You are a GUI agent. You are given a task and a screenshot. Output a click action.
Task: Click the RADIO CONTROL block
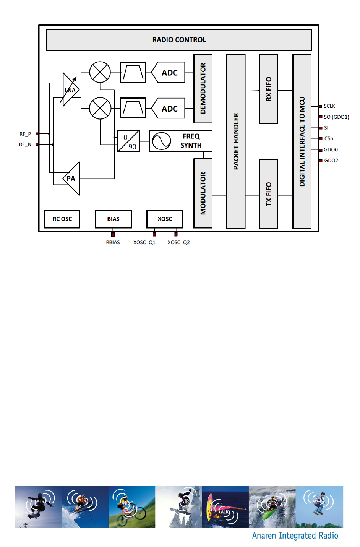click(179, 40)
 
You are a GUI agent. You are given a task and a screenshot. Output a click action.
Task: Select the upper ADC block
click(169, 73)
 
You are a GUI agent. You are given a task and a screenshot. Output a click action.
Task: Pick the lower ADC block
click(169, 109)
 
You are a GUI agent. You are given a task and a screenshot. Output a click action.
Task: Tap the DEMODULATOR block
click(203, 88)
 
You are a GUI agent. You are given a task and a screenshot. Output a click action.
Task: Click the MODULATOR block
click(203, 193)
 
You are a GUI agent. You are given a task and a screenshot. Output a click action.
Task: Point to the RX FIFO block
click(268, 89)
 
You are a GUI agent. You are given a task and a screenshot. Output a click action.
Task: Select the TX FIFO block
click(268, 194)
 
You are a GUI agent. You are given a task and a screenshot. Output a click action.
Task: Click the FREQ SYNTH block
click(180, 141)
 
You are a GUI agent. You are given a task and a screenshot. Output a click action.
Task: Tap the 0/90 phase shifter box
click(128, 141)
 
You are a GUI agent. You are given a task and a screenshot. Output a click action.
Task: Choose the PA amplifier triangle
click(72, 179)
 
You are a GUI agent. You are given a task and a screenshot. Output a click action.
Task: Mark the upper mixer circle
click(100, 72)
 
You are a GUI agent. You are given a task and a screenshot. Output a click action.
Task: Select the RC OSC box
click(62, 219)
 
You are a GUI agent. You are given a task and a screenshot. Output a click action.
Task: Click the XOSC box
click(165, 219)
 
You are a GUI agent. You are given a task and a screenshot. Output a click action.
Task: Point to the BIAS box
click(113, 219)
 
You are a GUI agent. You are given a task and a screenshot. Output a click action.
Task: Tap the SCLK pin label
click(329, 106)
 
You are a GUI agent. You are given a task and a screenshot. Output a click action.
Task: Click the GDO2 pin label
click(331, 161)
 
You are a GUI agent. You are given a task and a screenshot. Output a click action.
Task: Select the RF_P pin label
click(25, 134)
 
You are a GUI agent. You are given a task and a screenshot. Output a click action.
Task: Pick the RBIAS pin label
click(113, 243)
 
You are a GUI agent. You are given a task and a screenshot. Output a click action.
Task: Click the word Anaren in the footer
click(264, 536)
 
